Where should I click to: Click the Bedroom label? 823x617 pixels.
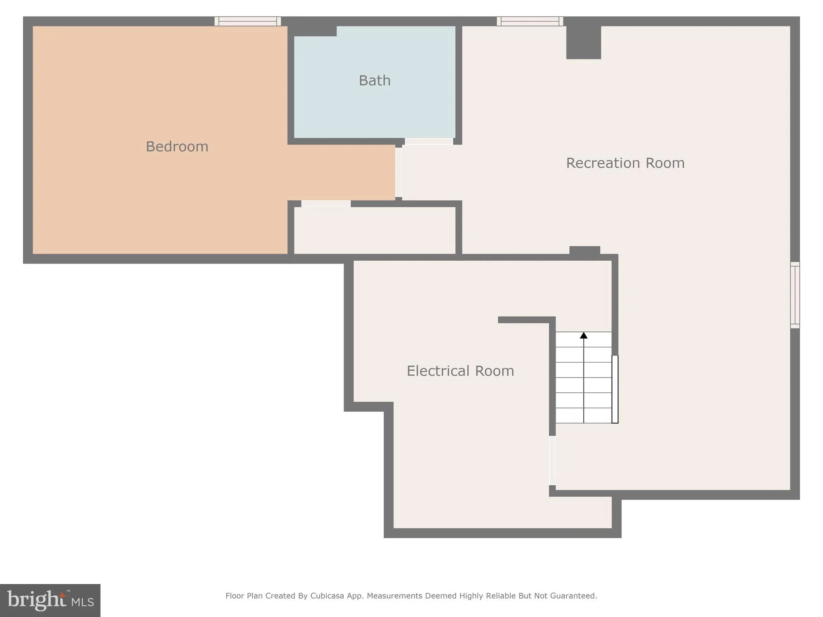coord(177,147)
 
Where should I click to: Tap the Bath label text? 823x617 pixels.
coord(375,81)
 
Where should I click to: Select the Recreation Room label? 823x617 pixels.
coord(625,163)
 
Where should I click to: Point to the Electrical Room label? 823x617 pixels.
coord(460,371)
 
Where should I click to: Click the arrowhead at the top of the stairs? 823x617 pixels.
coord(583,335)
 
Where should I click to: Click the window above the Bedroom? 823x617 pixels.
coord(248,21)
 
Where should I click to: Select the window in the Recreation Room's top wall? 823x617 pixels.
coord(530,21)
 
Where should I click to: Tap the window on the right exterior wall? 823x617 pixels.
coord(794,295)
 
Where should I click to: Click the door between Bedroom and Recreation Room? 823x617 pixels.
coord(398,172)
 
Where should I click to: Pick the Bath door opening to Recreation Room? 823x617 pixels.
coord(429,141)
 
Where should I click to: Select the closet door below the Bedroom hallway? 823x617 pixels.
coord(326,204)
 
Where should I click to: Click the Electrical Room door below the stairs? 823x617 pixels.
coord(552,460)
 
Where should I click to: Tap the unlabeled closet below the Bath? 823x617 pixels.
coord(375,231)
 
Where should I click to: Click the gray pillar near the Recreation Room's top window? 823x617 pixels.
coord(583,42)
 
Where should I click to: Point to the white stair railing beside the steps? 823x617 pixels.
coord(615,389)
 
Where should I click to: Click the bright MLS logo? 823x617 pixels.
coord(50,600)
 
